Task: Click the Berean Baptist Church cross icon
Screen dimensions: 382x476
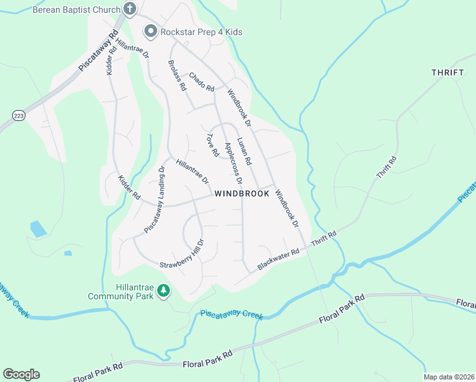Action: [130, 10]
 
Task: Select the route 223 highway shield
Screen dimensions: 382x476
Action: [18, 115]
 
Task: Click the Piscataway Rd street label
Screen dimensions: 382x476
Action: [99, 50]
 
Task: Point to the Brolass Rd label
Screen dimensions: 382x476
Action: [176, 75]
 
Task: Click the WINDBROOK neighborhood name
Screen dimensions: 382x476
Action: [242, 194]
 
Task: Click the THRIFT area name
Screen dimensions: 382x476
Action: [447, 73]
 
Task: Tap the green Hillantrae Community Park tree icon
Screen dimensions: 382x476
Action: [164, 291]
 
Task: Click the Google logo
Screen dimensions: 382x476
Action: [21, 374]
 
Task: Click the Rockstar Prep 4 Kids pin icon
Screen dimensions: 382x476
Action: [151, 31]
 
